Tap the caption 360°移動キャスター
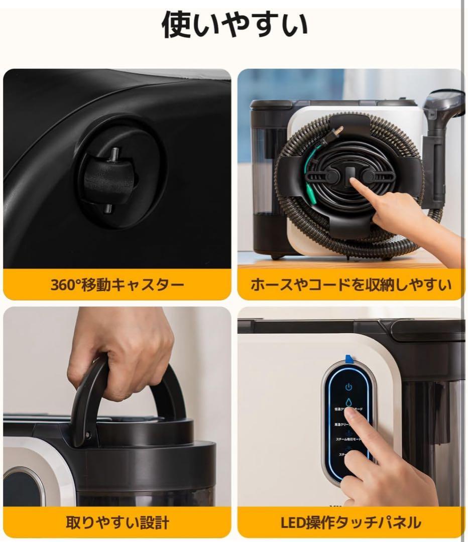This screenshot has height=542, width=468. (x=117, y=285)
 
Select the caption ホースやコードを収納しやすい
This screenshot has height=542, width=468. (x=351, y=285)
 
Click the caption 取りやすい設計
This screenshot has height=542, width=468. (x=117, y=523)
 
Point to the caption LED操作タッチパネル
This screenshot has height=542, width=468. (x=351, y=523)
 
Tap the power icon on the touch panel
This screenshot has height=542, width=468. (x=348, y=387)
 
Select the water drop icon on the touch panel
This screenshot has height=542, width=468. (x=348, y=402)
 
